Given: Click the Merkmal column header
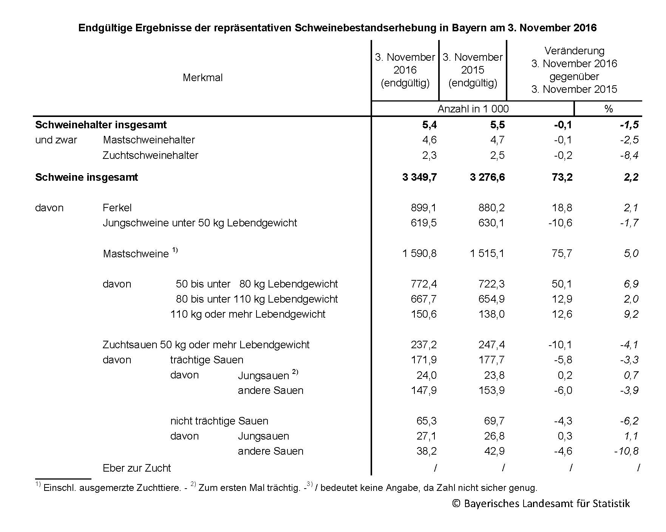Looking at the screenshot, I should pyautogui.click(x=202, y=78).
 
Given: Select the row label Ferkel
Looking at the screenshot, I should pyautogui.click(x=117, y=208).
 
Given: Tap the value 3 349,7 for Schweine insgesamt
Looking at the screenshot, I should pyautogui.click(x=419, y=177).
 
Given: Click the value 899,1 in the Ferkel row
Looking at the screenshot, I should pyautogui.click(x=423, y=208).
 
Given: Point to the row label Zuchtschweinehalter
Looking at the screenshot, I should pyautogui.click(x=150, y=155).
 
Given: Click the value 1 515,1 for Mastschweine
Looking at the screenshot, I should pyautogui.click(x=487, y=254).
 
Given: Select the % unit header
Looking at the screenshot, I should pyautogui.click(x=608, y=109).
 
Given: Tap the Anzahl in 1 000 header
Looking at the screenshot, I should pyautogui.click(x=473, y=109).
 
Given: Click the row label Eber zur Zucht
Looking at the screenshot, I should pyautogui.click(x=137, y=468).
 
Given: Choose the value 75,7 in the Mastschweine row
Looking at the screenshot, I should pyautogui.click(x=562, y=254).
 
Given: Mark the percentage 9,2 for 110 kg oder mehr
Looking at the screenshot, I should pyautogui.click(x=631, y=314).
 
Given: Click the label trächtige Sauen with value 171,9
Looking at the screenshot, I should pyautogui.click(x=207, y=360).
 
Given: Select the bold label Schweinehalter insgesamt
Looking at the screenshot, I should pyautogui.click(x=101, y=125).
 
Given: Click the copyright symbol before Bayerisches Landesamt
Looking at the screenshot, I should pyautogui.click(x=456, y=504).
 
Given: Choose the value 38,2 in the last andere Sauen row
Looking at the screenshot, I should pyautogui.click(x=426, y=451).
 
